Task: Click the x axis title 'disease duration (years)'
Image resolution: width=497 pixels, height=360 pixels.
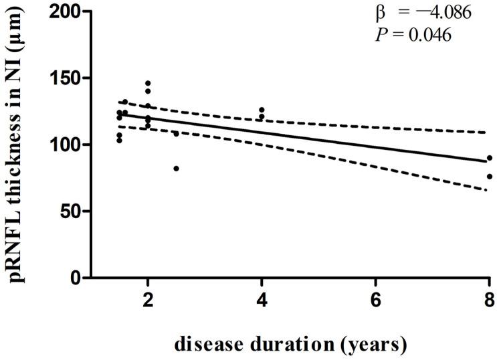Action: (x=290, y=345)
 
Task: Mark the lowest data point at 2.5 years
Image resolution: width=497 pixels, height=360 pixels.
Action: (x=176, y=169)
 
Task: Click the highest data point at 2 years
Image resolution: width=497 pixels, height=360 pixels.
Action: (x=148, y=83)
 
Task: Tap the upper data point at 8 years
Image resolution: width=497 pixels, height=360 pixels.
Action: (x=489, y=158)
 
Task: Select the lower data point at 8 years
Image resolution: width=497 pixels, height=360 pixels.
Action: (x=489, y=177)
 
